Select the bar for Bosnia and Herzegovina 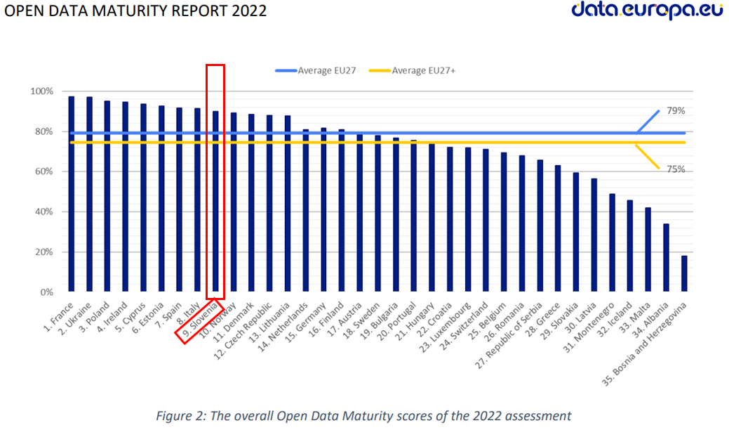684,273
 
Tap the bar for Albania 666,257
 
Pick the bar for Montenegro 612,242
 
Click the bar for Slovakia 576,232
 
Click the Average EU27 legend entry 319,70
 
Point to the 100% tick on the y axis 41,91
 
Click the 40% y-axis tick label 44,212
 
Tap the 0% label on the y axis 46,292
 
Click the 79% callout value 676,111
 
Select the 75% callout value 676,169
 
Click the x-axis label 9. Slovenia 200,320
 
